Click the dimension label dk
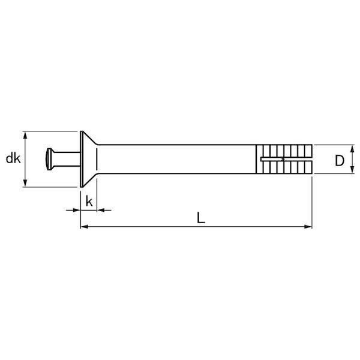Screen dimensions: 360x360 pyautogui.click(x=13, y=158)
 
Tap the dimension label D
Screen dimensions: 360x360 pyautogui.click(x=340, y=160)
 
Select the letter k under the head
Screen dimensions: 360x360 pyautogui.click(x=89, y=202)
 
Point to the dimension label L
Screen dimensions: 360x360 pyautogui.click(x=201, y=218)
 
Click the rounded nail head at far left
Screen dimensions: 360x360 pyautogui.click(x=49, y=159)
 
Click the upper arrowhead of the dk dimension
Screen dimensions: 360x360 pyautogui.click(x=25, y=136)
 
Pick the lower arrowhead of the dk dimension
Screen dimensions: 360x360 pyautogui.click(x=25, y=183)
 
